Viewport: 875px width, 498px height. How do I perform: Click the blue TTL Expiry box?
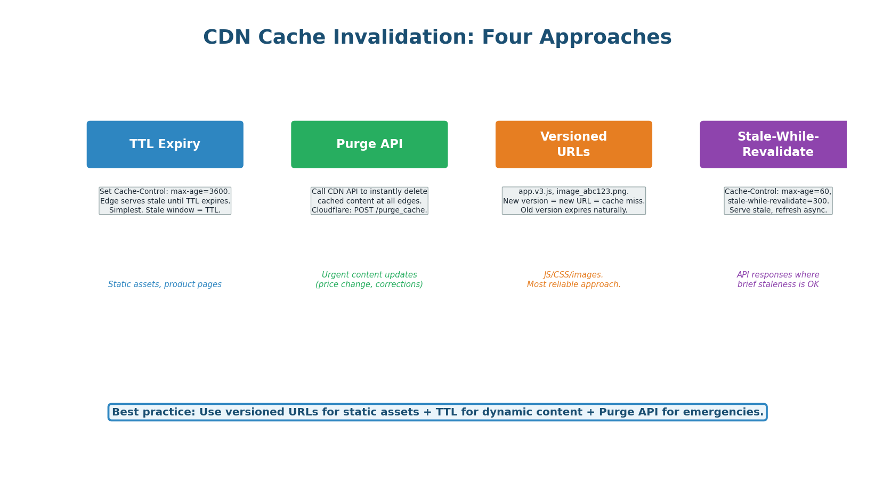(165, 144)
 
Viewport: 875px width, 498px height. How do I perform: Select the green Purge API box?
(369, 144)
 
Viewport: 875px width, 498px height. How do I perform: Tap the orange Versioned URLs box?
(573, 144)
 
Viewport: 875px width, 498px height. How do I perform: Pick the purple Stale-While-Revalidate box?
(777, 144)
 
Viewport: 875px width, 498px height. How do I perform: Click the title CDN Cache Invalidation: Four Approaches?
(437, 38)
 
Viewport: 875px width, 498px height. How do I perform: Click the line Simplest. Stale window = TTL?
(165, 210)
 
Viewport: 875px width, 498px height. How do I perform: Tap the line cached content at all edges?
(369, 201)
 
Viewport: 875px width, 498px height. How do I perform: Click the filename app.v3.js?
(536, 192)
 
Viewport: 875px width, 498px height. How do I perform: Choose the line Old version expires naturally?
(573, 210)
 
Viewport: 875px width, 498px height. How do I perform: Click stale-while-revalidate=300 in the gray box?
(777, 201)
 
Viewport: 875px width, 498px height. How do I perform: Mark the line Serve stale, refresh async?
(777, 210)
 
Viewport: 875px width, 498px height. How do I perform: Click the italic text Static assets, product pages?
(165, 284)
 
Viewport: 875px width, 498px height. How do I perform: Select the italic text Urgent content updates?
(369, 275)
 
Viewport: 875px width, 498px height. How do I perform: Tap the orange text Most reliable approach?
(573, 284)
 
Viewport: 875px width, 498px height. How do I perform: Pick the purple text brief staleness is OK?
(777, 284)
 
